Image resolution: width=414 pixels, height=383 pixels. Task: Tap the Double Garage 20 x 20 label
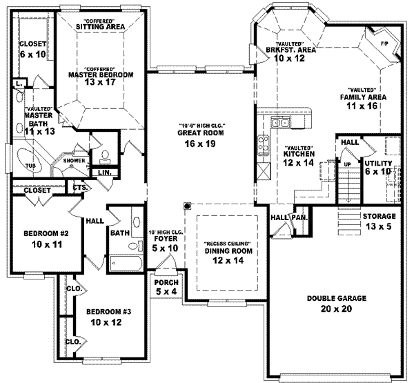(337, 303)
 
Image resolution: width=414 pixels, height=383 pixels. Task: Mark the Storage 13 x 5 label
(379, 221)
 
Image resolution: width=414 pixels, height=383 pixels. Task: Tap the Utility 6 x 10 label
(378, 166)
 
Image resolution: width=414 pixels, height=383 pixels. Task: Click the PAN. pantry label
(300, 217)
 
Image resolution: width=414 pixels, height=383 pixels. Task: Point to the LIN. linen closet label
(105, 172)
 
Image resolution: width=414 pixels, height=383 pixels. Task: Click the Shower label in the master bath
(74, 161)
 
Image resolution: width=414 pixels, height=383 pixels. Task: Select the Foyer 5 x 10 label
(164, 243)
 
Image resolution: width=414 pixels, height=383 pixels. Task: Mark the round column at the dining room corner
(187, 206)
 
